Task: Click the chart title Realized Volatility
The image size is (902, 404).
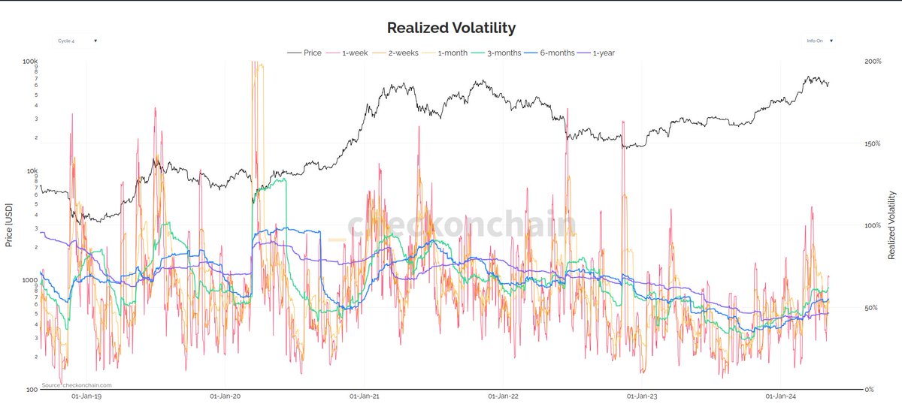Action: point(451,28)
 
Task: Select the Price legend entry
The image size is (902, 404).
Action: point(312,53)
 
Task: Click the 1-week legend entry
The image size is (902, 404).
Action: point(353,53)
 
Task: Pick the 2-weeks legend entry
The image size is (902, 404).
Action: point(402,53)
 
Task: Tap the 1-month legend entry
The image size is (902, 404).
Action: point(451,53)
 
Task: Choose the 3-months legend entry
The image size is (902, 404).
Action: point(501,53)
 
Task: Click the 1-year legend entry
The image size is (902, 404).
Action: point(602,53)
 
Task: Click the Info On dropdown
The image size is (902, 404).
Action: point(819,41)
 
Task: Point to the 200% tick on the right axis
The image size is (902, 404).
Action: point(874,62)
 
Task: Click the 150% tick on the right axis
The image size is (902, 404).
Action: point(874,143)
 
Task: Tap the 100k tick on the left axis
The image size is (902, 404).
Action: point(31,62)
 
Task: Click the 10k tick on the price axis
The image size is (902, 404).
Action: point(32,171)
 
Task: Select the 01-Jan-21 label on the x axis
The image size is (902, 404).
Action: point(363,396)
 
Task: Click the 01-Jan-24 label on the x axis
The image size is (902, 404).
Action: point(779,396)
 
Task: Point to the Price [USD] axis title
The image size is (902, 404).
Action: point(8,225)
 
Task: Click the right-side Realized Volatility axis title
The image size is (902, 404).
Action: point(892,225)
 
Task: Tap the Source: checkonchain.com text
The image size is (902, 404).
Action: point(71,385)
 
